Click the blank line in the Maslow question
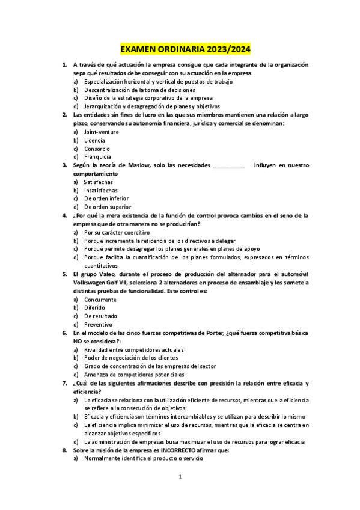point(229,165)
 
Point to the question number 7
point(65,383)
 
